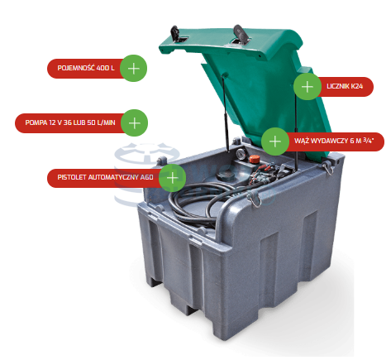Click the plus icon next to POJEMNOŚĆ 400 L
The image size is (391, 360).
134,68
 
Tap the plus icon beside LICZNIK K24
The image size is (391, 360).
308,87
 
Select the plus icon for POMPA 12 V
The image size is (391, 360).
135,122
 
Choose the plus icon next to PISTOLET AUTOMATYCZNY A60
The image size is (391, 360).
173,178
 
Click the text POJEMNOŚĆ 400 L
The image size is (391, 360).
86,68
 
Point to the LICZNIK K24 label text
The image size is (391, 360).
345,86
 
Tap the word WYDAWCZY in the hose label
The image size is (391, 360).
327,141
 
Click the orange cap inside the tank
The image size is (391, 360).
255,159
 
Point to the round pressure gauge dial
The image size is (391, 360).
241,153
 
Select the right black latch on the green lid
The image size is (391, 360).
238,32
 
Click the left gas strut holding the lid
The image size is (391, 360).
225,113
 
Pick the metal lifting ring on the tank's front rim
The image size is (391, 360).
255,199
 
